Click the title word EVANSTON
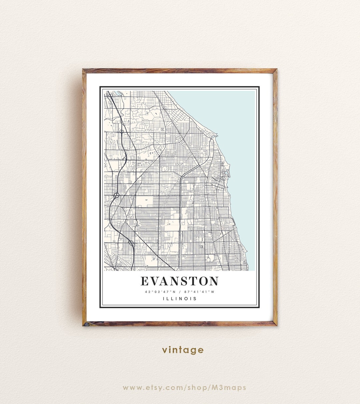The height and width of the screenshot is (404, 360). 179,281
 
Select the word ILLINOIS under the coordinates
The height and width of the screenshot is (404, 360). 180,299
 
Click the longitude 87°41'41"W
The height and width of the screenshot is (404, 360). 199,292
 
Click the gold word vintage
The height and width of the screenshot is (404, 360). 183,350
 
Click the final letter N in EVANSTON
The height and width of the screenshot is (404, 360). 214,281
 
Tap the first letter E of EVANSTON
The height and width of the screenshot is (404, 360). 145,281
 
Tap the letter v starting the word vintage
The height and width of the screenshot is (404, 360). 165,350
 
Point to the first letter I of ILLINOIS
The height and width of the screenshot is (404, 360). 164,299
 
